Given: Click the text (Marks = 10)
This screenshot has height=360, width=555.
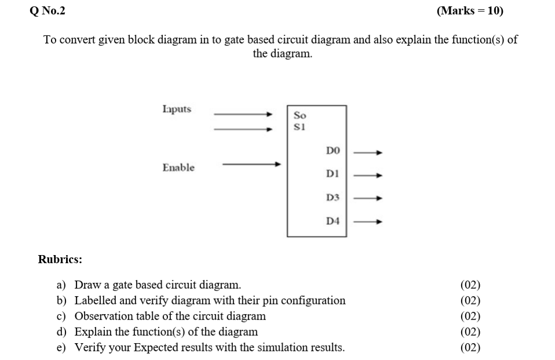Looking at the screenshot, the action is pos(470,10).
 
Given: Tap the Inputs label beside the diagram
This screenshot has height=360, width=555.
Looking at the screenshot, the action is pos(177,109).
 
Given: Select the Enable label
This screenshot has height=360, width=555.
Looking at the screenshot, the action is pos(178,168).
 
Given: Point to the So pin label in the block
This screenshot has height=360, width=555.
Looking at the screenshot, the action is pos(300,115).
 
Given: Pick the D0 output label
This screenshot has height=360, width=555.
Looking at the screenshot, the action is pos(333,151).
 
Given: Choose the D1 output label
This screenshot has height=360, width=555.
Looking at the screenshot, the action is pos(333,174).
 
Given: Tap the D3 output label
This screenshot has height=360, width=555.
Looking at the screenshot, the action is pos(333,198).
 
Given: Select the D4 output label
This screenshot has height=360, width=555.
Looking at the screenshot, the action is pos(333,221).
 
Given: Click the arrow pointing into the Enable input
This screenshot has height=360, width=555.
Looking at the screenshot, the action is pos(252,164).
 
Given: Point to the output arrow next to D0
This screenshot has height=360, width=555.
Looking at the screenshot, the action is pos(368,152).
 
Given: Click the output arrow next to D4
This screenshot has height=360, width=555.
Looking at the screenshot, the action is pos(368,221).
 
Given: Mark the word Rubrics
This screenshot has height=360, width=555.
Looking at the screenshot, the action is pos(60,259).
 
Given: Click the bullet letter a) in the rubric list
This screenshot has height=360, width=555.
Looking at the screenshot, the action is pos(61,285).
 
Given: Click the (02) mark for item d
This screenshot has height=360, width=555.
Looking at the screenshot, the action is pos(470,332).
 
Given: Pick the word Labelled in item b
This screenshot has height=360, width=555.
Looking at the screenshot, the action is pos(96,300).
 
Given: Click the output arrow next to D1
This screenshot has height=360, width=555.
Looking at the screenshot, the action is pos(368,174).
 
